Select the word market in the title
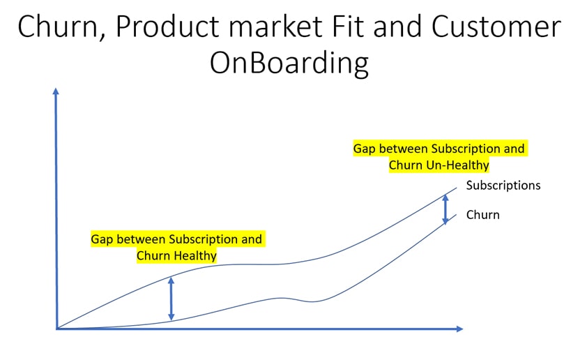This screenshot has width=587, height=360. click(276, 27)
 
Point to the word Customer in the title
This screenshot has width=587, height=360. click(496, 27)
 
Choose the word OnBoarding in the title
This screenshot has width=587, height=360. click(289, 63)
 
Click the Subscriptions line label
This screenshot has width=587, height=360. click(503, 186)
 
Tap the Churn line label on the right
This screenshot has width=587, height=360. click(482, 215)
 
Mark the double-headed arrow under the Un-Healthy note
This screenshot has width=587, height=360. click(445, 209)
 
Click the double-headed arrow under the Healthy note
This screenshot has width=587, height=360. click(171, 299)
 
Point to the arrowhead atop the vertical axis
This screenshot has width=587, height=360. click(56, 91)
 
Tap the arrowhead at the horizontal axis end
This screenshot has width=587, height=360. click(460, 329)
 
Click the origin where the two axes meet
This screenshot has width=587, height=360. click(57, 329)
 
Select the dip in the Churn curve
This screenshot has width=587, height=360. click(312, 301)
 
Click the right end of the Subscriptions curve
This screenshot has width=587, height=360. click(457, 188)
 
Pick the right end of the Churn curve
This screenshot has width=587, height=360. click(456, 215)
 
